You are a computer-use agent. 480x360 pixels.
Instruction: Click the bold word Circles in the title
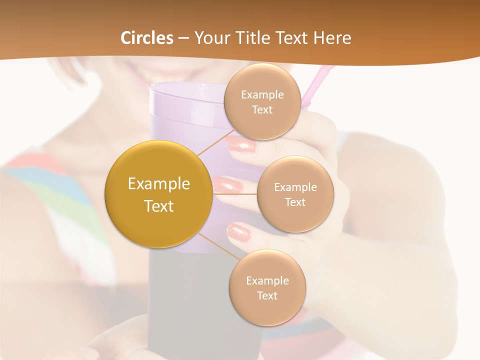click(147, 38)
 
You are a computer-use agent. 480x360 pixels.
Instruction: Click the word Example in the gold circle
click(159, 184)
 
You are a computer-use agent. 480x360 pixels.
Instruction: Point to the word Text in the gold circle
click(159, 206)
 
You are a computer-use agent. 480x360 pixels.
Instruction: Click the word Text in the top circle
click(261, 110)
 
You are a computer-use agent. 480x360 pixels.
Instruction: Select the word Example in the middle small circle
click(295, 187)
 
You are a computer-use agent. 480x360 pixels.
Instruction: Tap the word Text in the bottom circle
click(267, 295)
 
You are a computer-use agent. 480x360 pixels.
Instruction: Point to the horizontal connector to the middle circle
click(235, 194)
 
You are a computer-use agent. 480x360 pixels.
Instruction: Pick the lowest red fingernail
click(238, 230)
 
